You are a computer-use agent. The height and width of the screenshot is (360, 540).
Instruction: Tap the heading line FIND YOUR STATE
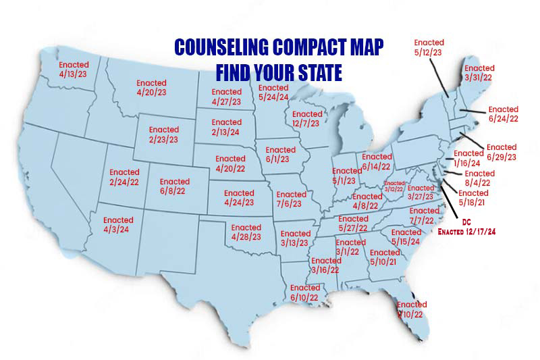click(279, 71)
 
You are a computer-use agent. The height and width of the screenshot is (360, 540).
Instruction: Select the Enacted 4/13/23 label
click(74, 70)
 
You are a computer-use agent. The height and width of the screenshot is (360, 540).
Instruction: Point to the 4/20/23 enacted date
click(151, 91)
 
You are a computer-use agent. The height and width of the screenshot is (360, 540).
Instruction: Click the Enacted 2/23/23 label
click(164, 134)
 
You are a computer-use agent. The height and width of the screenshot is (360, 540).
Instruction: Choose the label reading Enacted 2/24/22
click(124, 178)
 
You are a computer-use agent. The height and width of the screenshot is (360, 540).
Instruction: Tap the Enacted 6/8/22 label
click(175, 186)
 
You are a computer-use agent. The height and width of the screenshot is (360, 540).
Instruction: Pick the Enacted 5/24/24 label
click(273, 91)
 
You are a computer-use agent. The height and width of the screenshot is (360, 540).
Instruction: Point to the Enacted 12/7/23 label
click(307, 119)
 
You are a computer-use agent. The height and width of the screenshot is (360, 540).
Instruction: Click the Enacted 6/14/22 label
click(377, 161)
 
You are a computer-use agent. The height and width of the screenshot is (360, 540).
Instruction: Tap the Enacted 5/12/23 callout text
click(429, 47)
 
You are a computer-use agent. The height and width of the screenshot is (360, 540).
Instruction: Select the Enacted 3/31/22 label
click(480, 73)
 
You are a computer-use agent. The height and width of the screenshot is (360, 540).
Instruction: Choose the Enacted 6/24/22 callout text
click(503, 113)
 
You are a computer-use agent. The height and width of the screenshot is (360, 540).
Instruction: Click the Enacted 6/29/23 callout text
click(502, 152)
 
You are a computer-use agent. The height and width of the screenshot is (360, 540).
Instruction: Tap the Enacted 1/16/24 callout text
click(468, 158)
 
